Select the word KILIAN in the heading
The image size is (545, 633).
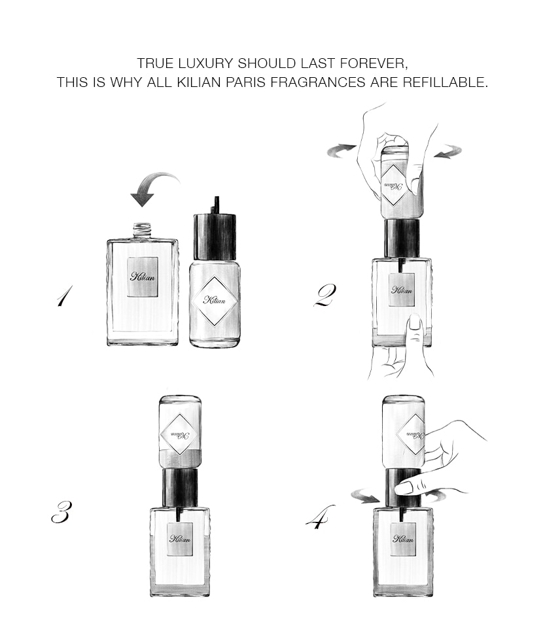(200, 83)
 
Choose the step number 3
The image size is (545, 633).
(62, 511)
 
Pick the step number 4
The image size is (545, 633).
(320, 517)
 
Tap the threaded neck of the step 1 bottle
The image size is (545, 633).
(142, 230)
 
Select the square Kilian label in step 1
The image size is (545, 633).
(143, 277)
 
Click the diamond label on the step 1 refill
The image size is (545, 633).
(215, 300)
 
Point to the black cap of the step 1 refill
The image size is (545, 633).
(215, 236)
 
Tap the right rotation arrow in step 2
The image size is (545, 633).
(448, 152)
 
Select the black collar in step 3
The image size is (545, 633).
(180, 487)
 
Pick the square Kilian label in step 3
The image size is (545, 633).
(180, 539)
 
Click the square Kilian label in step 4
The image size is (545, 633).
(403, 539)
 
